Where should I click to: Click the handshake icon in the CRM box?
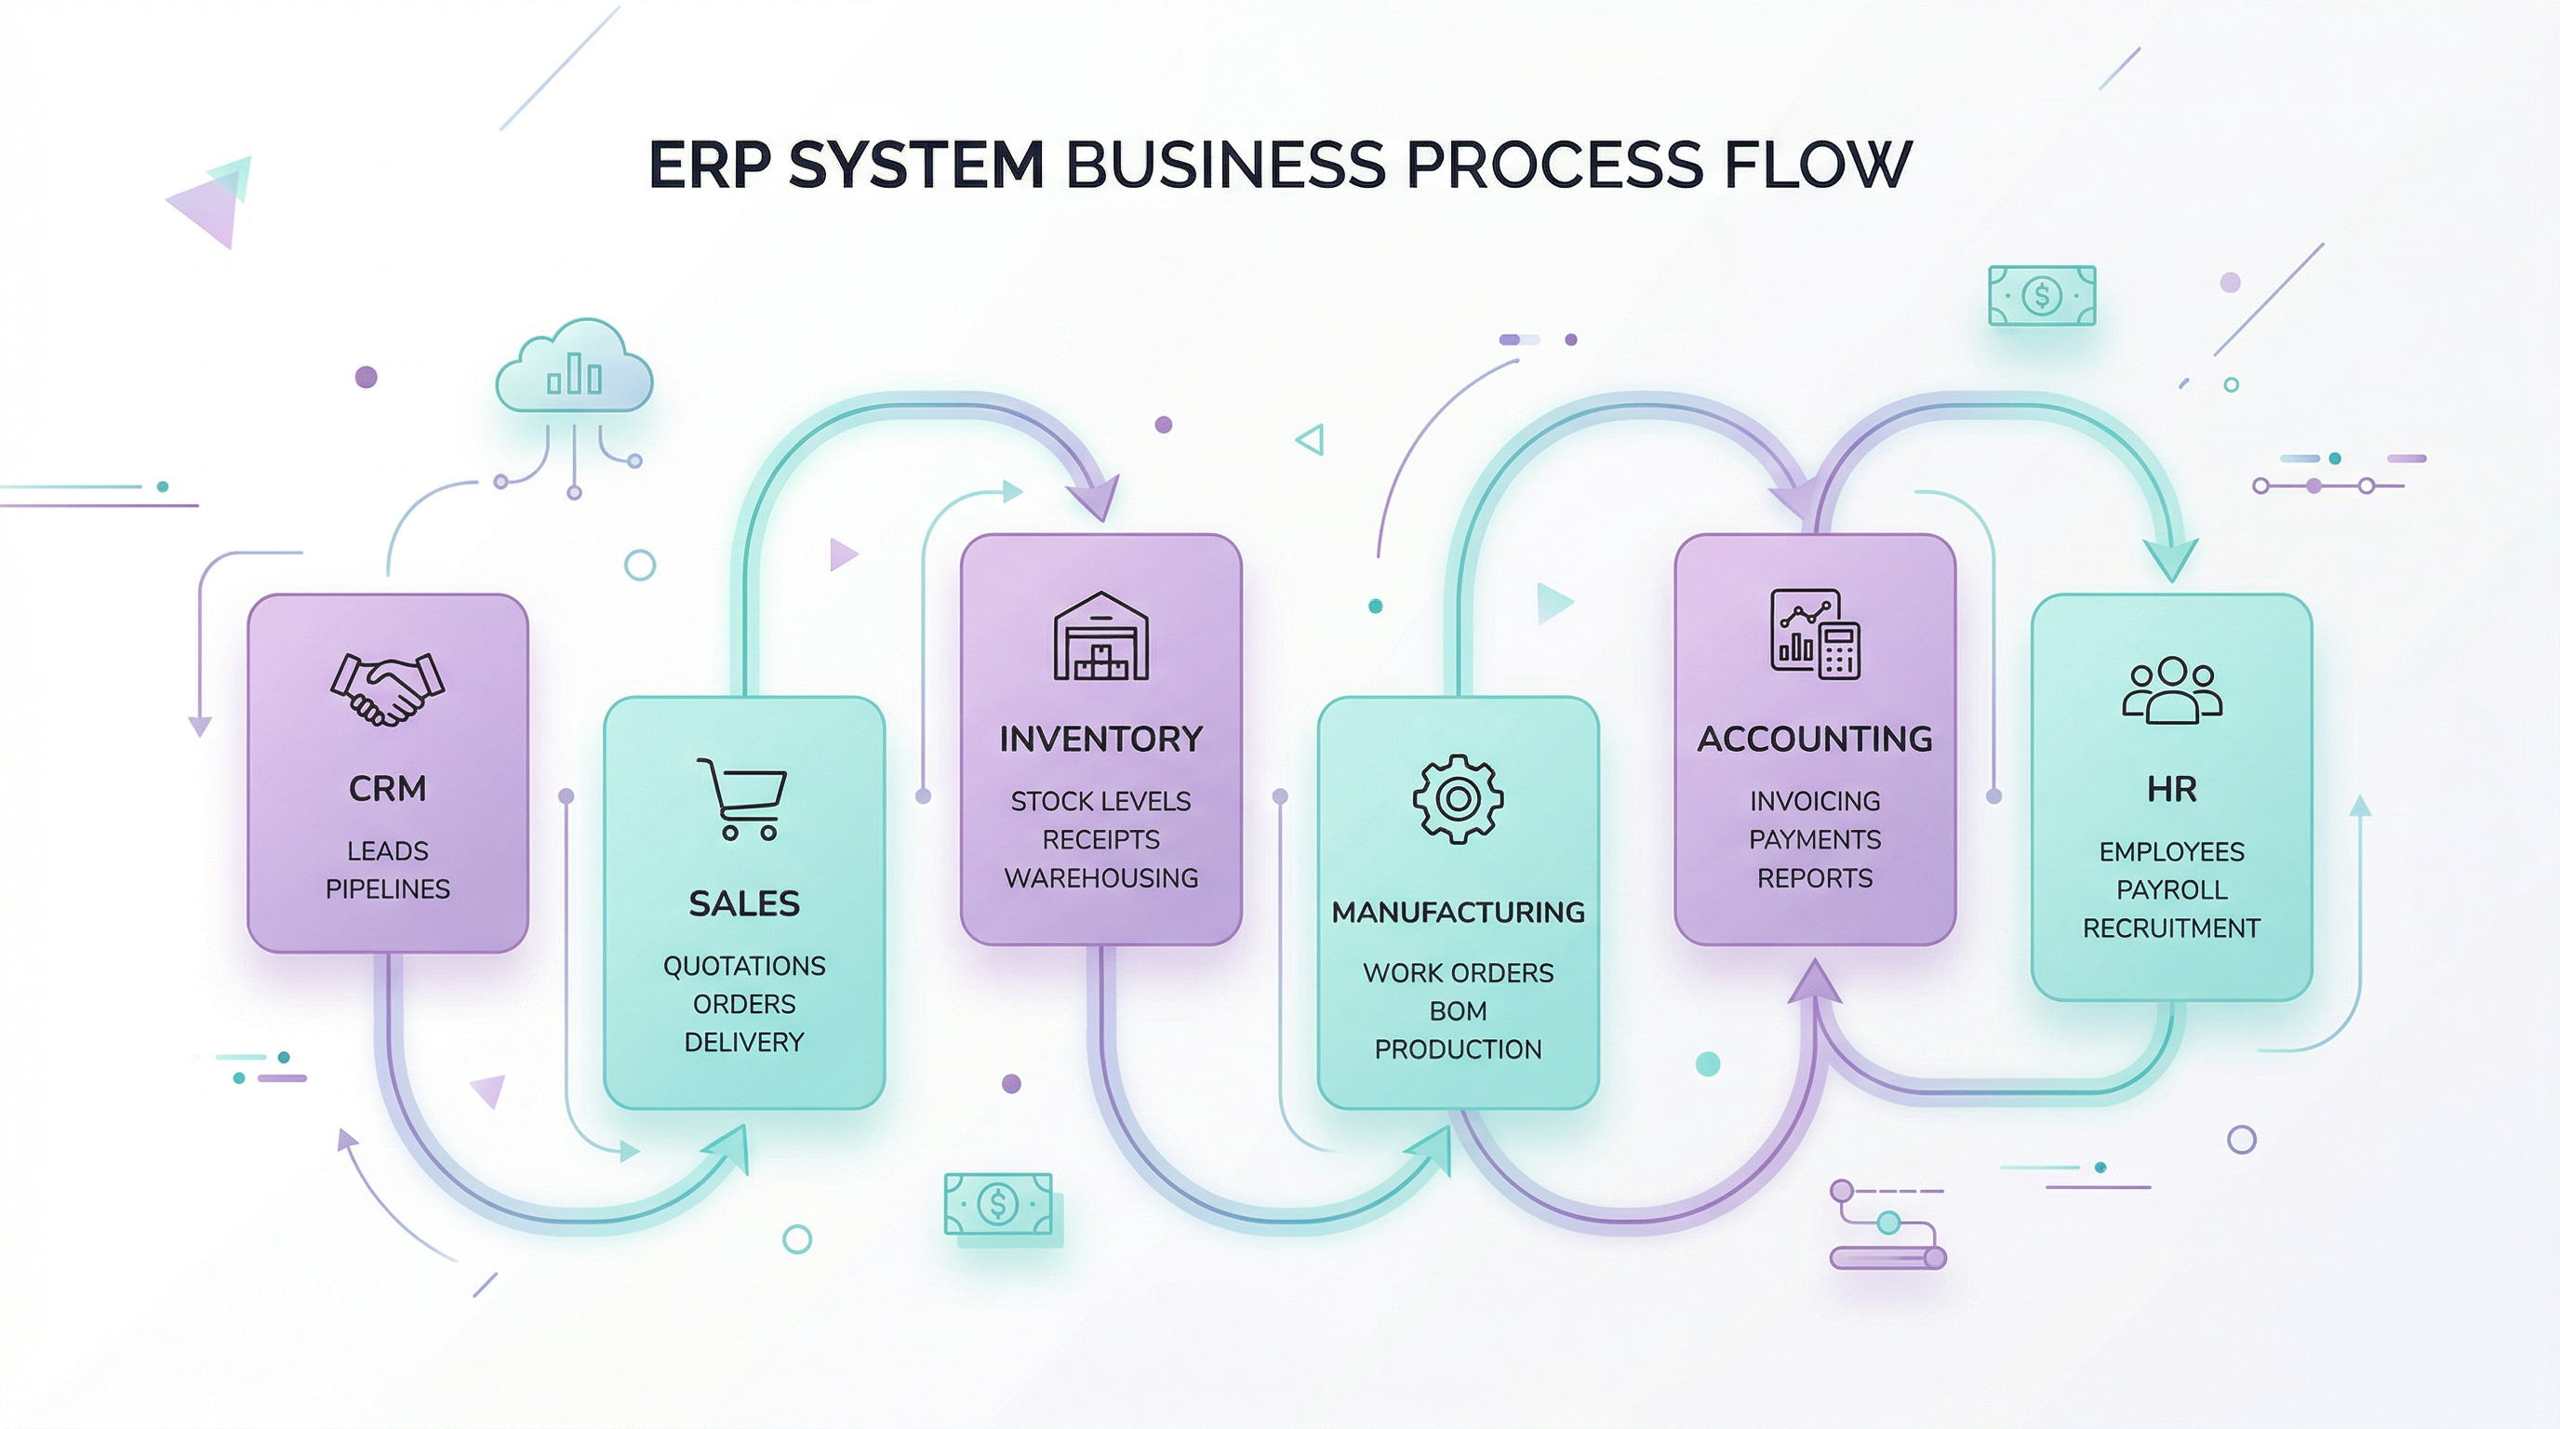pyautogui.click(x=387, y=688)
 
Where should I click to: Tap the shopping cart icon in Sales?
pyautogui.click(x=742, y=799)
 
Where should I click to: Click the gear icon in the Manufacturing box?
pyautogui.click(x=1457, y=799)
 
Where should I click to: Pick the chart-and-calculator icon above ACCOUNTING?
pyautogui.click(x=1815, y=634)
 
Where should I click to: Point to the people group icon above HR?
pyautogui.click(x=2171, y=688)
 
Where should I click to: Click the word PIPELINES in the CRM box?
pyautogui.click(x=387, y=888)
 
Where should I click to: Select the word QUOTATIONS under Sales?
pyautogui.click(x=743, y=966)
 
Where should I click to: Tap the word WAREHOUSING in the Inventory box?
pyautogui.click(x=1100, y=878)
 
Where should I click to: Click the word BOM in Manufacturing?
pyautogui.click(x=1457, y=1010)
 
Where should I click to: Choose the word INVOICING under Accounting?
pyautogui.click(x=1815, y=801)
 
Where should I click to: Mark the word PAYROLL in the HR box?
pyautogui.click(x=2171, y=889)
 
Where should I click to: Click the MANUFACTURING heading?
pyautogui.click(x=1457, y=913)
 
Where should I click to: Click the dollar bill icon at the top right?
pyautogui.click(x=2041, y=295)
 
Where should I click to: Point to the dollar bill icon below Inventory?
pyautogui.click(x=997, y=1205)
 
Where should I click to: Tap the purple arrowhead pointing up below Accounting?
pyautogui.click(x=1815, y=982)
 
